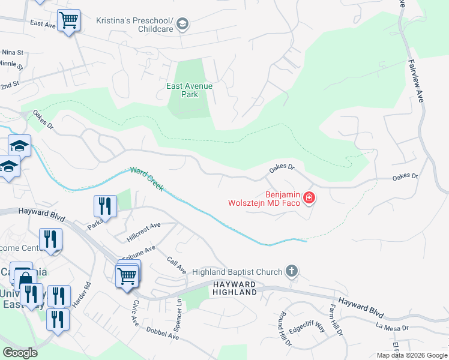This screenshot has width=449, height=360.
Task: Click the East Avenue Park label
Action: [189, 90]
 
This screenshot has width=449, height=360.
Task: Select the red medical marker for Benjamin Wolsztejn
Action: [309, 197]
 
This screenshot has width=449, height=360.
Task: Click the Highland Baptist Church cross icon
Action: [292, 271]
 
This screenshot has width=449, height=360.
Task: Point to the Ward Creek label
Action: [146, 179]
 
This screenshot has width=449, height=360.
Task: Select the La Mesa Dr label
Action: [392, 328]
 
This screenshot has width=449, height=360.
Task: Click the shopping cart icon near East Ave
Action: [69, 20]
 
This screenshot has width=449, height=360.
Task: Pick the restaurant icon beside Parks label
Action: [105, 206]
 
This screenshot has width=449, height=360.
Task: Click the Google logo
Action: [20, 353]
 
